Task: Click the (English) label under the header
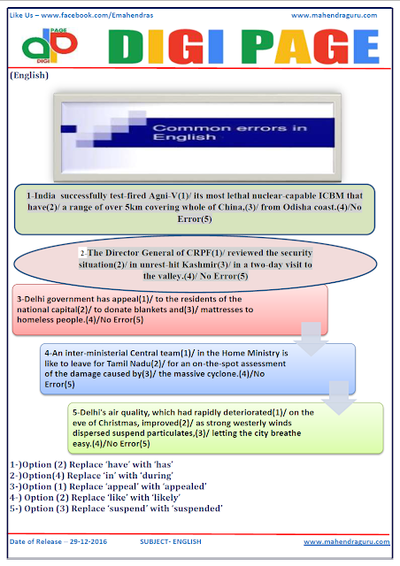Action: pyautogui.click(x=29, y=77)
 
